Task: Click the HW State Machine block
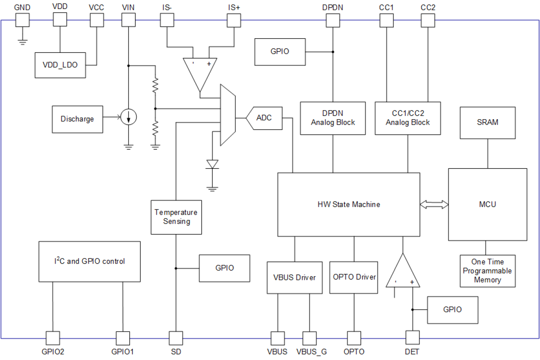point(348,204)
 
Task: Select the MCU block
point(488,204)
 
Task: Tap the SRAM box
point(488,123)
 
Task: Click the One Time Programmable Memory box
point(488,271)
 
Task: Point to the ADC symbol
point(264,118)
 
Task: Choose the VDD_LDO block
point(60,66)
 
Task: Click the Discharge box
point(77,119)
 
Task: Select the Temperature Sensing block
point(176,217)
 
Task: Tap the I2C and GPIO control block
point(89,262)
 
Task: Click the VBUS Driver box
point(295,277)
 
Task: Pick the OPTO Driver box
point(354,277)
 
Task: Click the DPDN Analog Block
point(333,118)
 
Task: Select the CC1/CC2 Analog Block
point(408,118)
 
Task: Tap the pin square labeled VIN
point(129,19)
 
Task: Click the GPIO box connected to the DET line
point(452,310)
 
